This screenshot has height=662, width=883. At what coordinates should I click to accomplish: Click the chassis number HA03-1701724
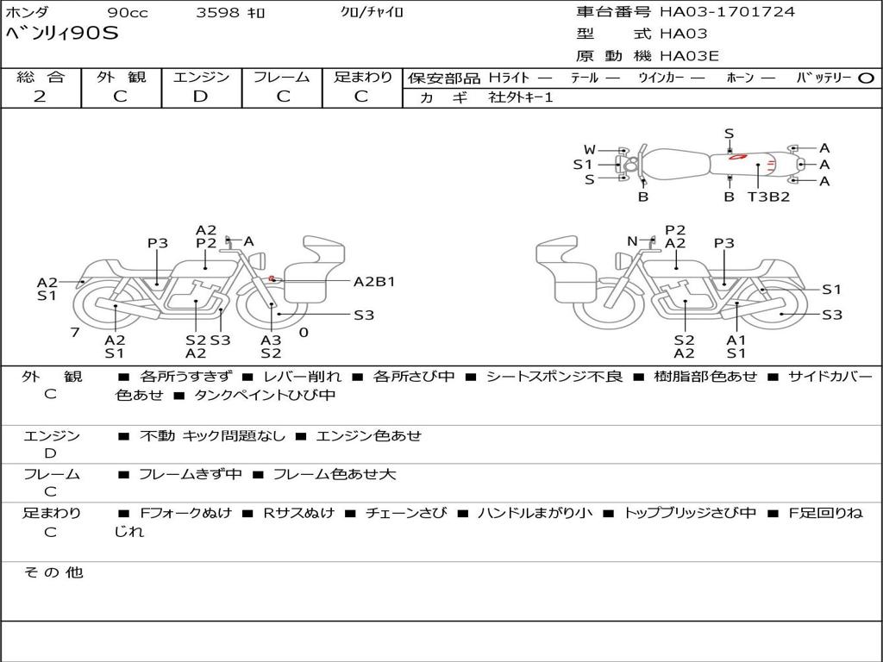727,12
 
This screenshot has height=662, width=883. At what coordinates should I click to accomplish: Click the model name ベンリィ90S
62,34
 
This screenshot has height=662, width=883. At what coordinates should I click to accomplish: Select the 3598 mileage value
218,13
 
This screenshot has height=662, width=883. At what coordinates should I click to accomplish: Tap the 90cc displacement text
128,13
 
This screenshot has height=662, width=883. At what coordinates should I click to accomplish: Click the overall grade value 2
40,97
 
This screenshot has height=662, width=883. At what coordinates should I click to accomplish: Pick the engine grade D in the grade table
200,97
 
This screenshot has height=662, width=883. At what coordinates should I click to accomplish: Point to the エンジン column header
201,77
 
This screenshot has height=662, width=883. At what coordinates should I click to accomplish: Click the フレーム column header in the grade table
282,77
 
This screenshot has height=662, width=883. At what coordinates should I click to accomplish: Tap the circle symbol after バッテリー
866,78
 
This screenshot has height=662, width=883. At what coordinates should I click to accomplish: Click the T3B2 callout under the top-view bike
768,197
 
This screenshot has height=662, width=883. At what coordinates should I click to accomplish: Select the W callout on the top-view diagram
590,149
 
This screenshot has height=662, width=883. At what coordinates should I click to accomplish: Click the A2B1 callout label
374,281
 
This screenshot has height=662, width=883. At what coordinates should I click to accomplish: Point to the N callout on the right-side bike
632,241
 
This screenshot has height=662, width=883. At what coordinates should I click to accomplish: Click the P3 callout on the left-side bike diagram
157,243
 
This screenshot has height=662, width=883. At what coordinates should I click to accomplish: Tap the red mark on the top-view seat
737,157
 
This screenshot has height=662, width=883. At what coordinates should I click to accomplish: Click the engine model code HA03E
689,56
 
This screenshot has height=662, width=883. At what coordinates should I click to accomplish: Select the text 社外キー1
521,97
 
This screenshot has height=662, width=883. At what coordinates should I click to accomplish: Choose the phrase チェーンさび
405,513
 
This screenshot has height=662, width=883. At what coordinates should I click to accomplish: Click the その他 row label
53,572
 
